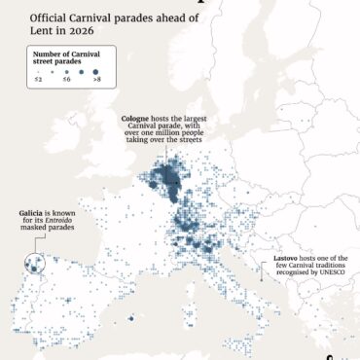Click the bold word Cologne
(x=135, y=119)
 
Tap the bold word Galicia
(x=33, y=212)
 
